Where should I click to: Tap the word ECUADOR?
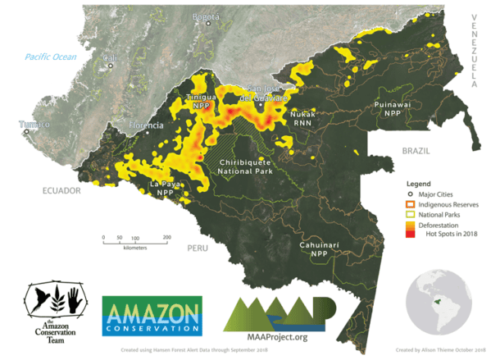click(62, 189)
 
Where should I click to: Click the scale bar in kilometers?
click(135, 240)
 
